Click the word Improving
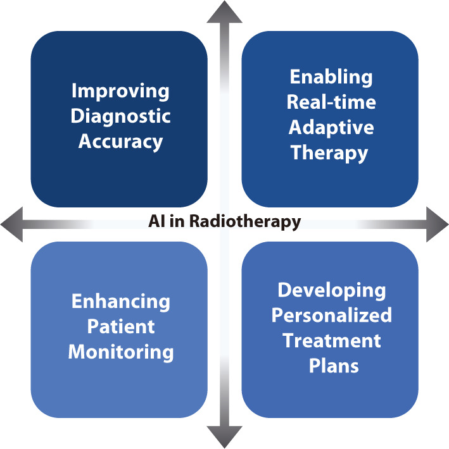click(120, 91)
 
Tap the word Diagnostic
click(120, 116)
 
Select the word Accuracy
click(120, 140)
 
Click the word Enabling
click(331, 77)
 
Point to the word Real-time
click(331, 102)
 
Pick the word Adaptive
click(331, 127)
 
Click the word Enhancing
click(120, 301)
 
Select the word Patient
click(120, 326)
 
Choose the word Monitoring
click(120, 352)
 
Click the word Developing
click(331, 290)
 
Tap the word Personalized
click(331, 315)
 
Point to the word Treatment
click(331, 340)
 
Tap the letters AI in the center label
click(156, 222)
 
